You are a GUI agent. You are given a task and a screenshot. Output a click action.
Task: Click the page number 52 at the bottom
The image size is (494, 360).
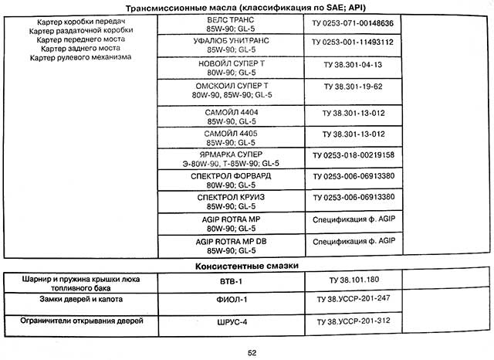coord(252,352)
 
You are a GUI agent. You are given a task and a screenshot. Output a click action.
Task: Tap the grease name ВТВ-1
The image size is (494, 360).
coord(227,280)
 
